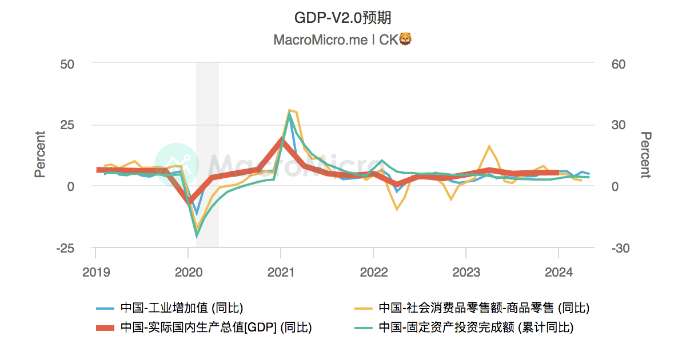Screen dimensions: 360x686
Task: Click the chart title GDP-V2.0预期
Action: click(x=342, y=18)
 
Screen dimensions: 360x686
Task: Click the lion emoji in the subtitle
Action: click(x=405, y=39)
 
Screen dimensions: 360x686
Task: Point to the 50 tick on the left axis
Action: click(x=67, y=63)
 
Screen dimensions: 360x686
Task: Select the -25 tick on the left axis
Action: click(x=65, y=248)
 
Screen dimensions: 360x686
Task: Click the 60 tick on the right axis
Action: click(x=619, y=63)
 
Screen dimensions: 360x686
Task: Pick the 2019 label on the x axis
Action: click(x=95, y=272)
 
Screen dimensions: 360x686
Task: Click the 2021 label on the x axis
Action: click(x=281, y=272)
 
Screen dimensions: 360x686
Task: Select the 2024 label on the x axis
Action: click(x=558, y=272)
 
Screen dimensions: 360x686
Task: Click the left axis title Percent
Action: click(x=40, y=155)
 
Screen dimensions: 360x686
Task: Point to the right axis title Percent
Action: click(x=645, y=155)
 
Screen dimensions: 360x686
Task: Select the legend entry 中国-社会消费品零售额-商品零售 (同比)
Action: click(x=484, y=308)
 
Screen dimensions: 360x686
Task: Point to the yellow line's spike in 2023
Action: click(x=489, y=146)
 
